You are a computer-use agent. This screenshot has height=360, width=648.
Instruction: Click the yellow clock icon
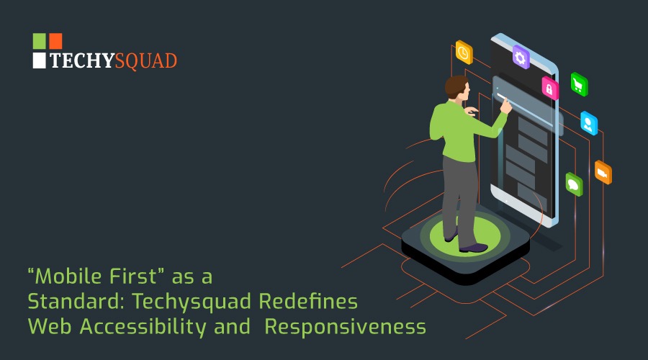464,53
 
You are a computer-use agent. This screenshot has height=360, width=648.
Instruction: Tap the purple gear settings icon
521,57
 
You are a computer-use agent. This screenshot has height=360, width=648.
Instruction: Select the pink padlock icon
550,88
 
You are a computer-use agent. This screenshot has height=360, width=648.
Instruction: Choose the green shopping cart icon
579,84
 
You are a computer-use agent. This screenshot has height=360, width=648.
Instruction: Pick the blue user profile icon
589,123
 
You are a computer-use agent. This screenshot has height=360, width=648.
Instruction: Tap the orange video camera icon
603,172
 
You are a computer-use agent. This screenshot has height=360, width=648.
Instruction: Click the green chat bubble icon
574,184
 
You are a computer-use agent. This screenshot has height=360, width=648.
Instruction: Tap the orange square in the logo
55,41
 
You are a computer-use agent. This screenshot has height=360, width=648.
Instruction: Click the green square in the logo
39,41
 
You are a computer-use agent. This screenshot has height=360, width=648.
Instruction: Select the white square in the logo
39,60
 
